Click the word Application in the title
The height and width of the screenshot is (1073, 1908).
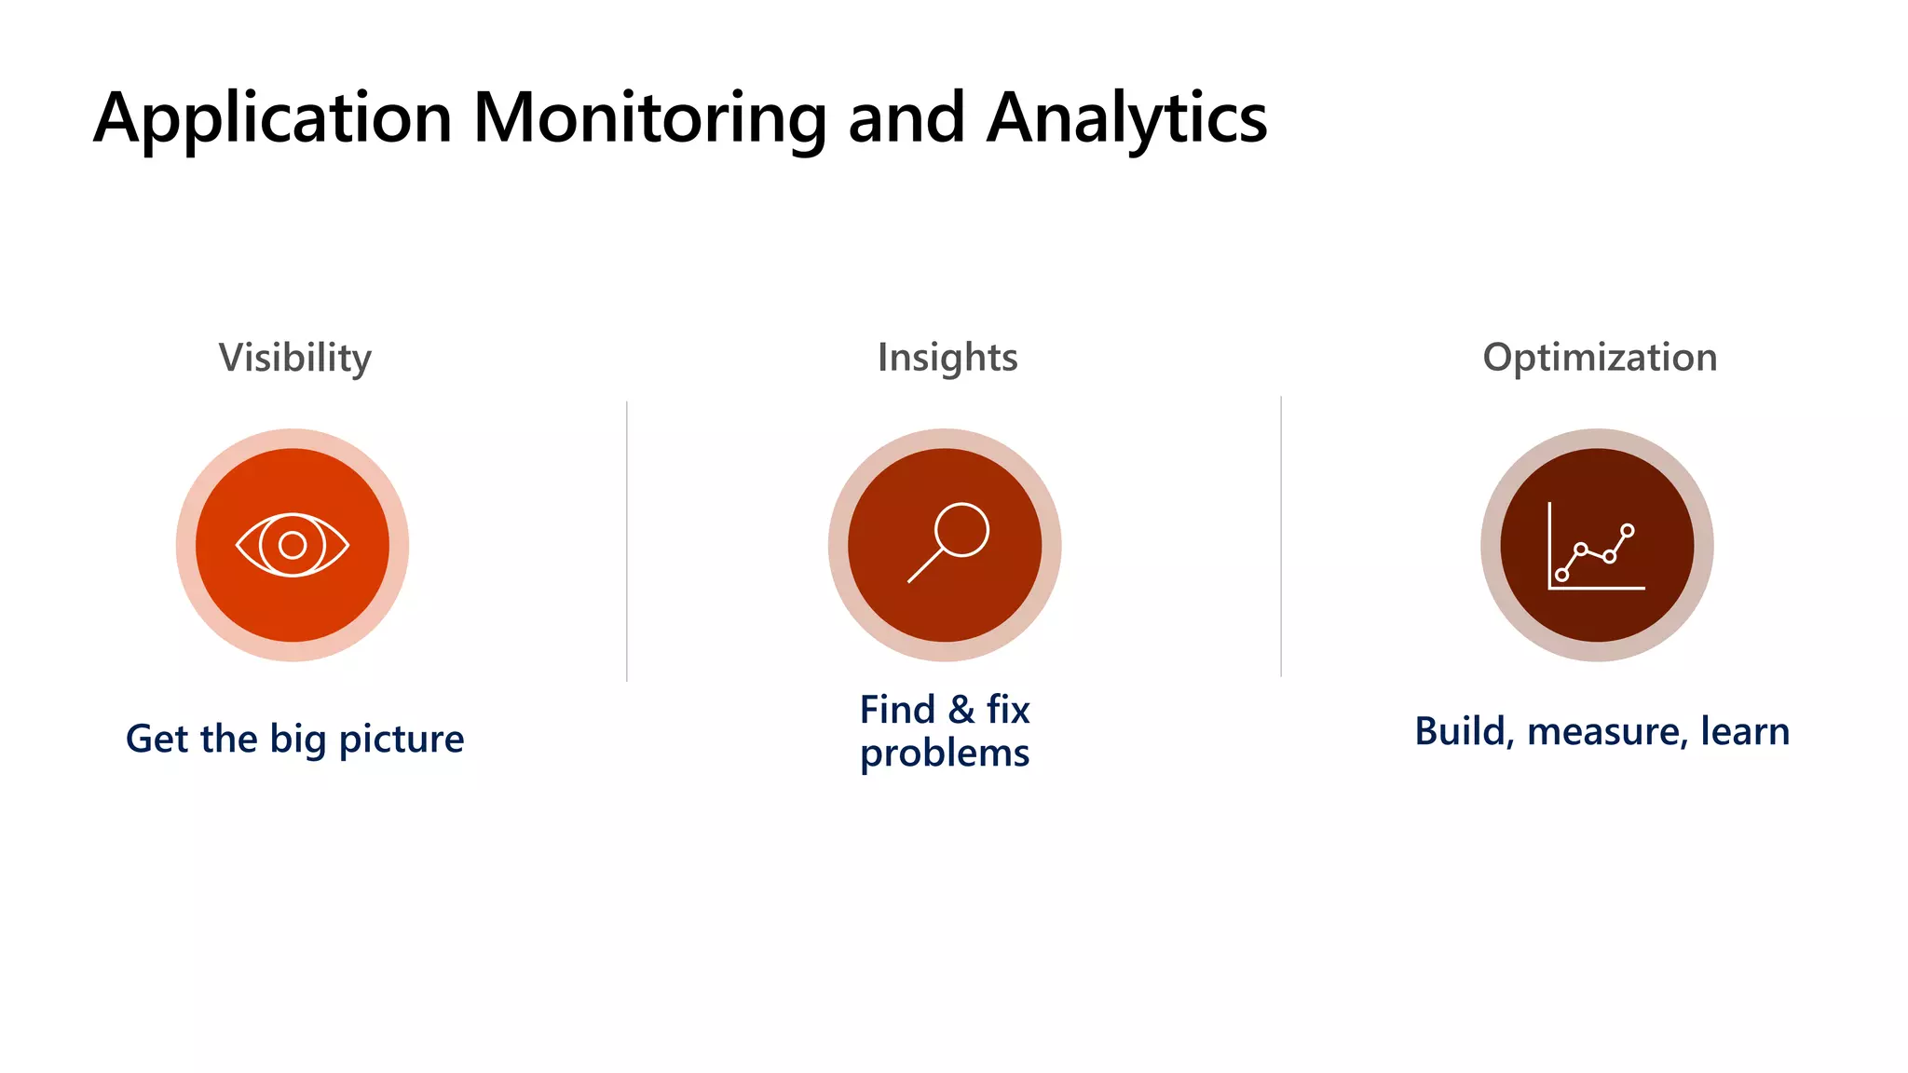pos(272,119)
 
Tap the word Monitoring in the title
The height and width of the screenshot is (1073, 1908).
pos(649,119)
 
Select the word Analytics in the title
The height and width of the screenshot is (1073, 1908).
pos(1126,119)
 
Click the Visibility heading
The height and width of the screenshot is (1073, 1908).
pos(294,358)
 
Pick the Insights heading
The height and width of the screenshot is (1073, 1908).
pos(947,358)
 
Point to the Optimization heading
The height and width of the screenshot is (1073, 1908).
pos(1599,358)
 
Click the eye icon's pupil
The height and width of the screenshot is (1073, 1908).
pos(293,545)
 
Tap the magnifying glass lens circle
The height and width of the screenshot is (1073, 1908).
pos(961,530)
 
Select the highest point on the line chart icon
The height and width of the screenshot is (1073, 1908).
pos(1627,531)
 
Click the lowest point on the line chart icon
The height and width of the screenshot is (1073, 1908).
pos(1562,575)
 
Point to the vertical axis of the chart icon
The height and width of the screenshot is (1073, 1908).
pos(1549,545)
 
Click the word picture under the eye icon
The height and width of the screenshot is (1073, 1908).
pos(401,740)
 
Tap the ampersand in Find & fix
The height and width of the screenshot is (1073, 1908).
pos(961,711)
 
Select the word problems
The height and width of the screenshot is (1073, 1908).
pos(944,754)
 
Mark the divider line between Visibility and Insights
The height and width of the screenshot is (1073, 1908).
pos(627,540)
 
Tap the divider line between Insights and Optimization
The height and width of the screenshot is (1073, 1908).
pos(1281,536)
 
